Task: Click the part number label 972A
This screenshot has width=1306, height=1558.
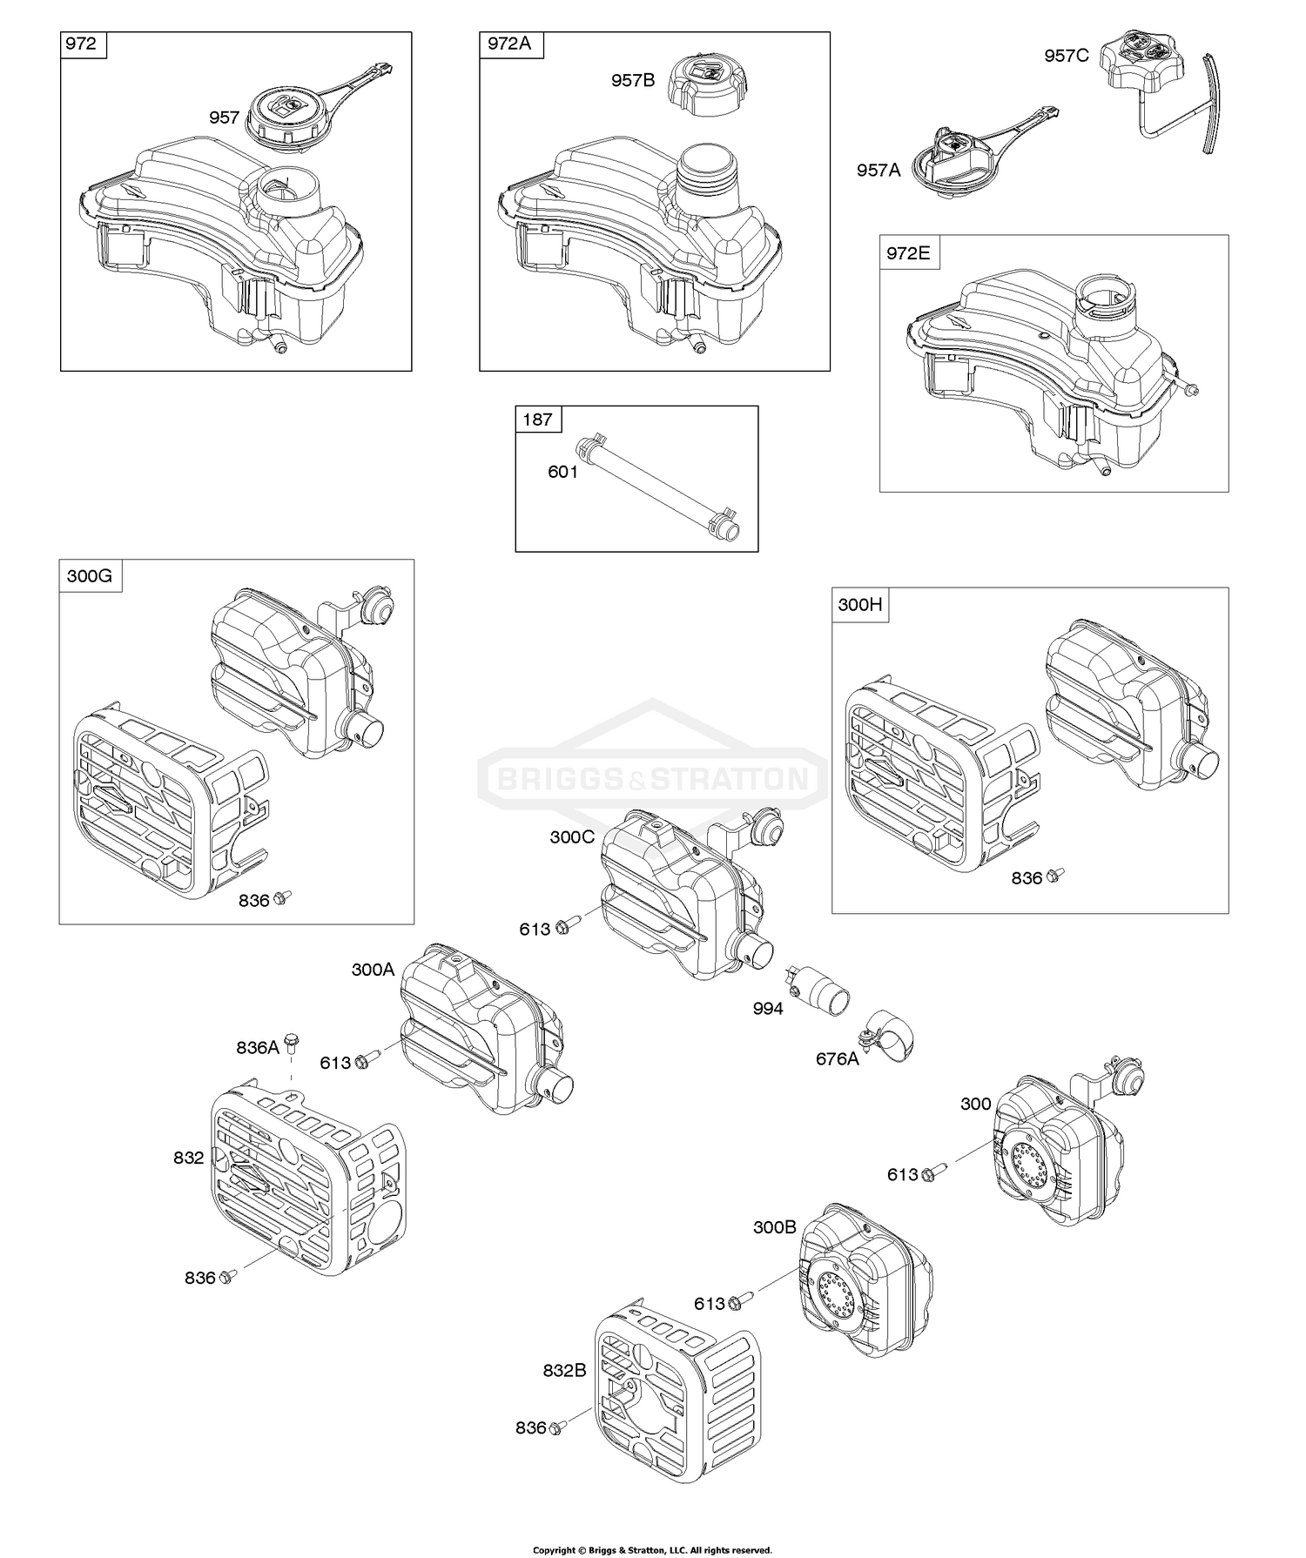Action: [509, 44]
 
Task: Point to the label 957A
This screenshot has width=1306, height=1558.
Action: [879, 171]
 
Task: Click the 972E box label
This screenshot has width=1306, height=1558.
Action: [908, 253]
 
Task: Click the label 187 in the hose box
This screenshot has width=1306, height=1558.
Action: [537, 420]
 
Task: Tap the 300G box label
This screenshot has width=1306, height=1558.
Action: [90, 576]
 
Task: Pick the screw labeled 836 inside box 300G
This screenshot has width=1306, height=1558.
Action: [281, 897]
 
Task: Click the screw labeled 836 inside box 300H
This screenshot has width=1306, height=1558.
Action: [1055, 875]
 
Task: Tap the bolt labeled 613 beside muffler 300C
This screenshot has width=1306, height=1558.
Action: [561, 925]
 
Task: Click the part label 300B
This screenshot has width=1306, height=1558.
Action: [774, 1227]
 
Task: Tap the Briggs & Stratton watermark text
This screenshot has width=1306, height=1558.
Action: [652, 777]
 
